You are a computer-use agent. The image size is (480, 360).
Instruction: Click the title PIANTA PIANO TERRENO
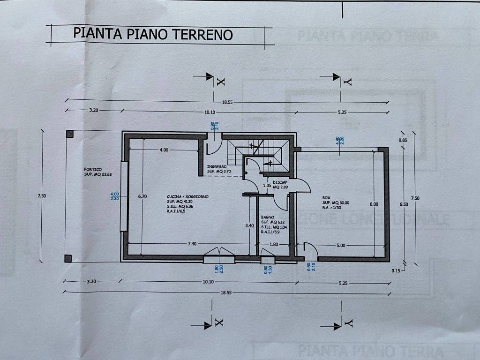[x=153, y=34]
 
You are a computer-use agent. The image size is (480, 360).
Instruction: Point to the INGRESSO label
[x=217, y=167]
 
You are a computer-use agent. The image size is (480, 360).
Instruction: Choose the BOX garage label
[x=326, y=198]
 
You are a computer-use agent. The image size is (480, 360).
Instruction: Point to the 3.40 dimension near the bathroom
[x=250, y=225]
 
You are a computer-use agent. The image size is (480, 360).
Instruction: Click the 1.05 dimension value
[x=268, y=186]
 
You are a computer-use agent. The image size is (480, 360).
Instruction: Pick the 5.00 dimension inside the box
[x=340, y=245]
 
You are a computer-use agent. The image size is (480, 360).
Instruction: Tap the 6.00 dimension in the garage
[x=374, y=204]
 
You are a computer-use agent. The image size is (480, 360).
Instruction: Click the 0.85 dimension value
[x=402, y=140]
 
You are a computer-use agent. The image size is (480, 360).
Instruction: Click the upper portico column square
[x=69, y=134]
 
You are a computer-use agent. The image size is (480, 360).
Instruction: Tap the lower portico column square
[x=68, y=258]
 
